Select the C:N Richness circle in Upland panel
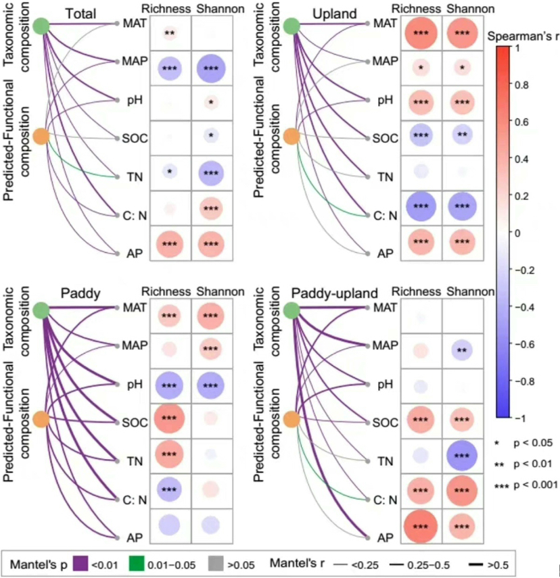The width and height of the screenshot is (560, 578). (422, 208)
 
